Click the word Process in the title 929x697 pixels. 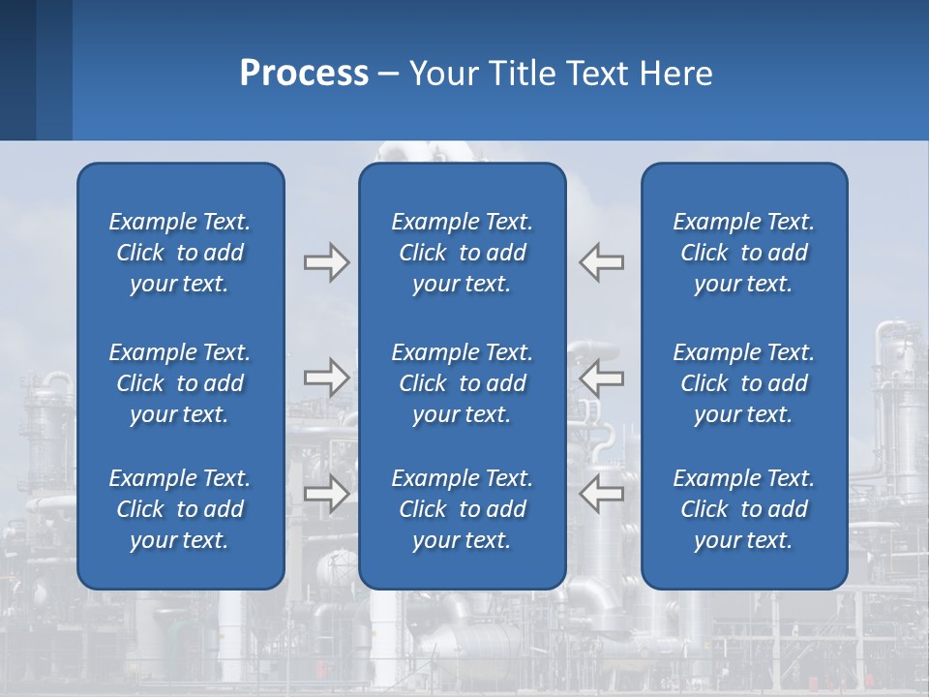pyautogui.click(x=304, y=74)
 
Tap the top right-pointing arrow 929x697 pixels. pyautogui.click(x=326, y=262)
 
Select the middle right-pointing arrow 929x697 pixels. pyautogui.click(x=326, y=377)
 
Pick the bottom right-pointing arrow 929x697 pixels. pyautogui.click(x=326, y=493)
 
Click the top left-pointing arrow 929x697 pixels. pyautogui.click(x=602, y=262)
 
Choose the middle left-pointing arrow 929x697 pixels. pyautogui.click(x=602, y=377)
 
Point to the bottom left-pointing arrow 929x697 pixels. pyautogui.click(x=602, y=493)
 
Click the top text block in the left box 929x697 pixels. pyautogui.click(x=180, y=253)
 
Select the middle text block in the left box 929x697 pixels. pyautogui.click(x=180, y=383)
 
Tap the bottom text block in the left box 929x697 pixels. pyautogui.click(x=180, y=509)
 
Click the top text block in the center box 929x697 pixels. pyautogui.click(x=462, y=253)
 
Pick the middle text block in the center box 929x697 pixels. pyautogui.click(x=462, y=383)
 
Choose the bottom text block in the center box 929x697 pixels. pyautogui.click(x=462, y=509)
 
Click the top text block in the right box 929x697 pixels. pyautogui.click(x=743, y=253)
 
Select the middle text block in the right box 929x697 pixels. pyautogui.click(x=743, y=383)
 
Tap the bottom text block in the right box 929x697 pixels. pyautogui.click(x=743, y=509)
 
